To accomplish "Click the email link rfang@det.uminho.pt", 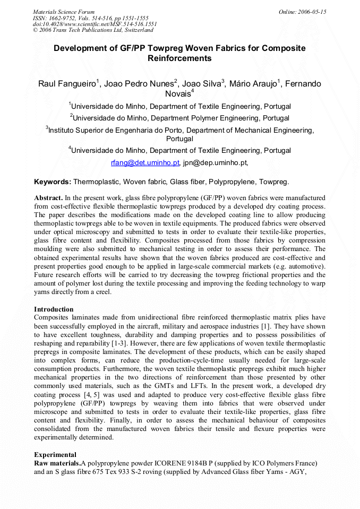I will pos(145,162).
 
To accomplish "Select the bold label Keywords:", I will pos(52,182).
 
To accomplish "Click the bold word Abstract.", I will pos(48,197).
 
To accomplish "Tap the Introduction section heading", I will pos(54,309).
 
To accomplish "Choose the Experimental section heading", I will pos(55,455).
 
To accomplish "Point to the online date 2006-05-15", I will pos(313,12).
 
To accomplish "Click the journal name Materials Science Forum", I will pos(64,12).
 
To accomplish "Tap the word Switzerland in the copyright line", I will pos(138,30).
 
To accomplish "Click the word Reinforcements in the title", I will pos(179,58).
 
